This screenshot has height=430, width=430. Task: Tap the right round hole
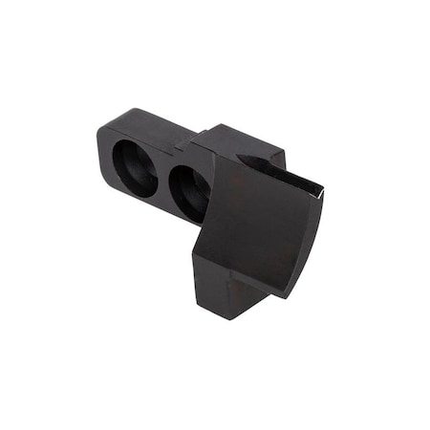pyautogui.click(x=188, y=186)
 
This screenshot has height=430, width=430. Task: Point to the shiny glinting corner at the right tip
pyautogui.click(x=321, y=190)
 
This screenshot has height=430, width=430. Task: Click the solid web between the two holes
pyautogui.click(x=161, y=179)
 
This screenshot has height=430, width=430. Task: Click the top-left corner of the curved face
pyautogui.click(x=218, y=157)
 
